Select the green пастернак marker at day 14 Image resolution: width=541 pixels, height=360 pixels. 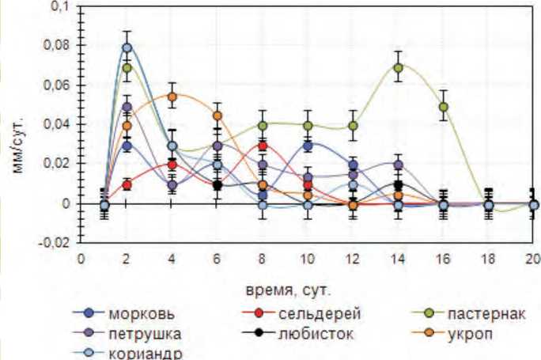pos(399,68)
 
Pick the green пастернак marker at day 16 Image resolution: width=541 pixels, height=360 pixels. pos(444,107)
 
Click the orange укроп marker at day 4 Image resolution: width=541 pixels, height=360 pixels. pos(172,97)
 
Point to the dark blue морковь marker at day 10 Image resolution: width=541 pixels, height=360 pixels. pos(308,146)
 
